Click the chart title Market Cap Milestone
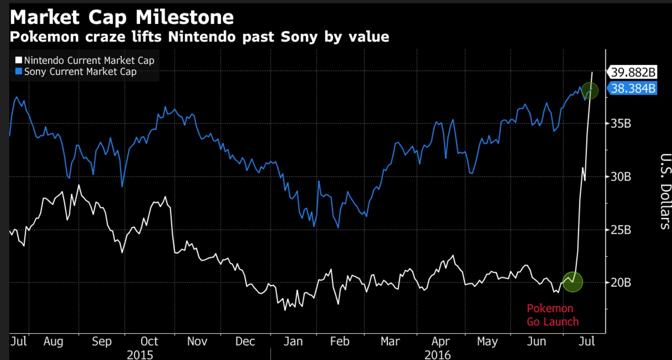click(x=122, y=18)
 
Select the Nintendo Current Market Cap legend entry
click(x=85, y=60)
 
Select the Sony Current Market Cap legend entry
click(x=76, y=72)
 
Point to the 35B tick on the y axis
click(x=621, y=123)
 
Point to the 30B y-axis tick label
click(x=621, y=177)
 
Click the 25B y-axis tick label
click(x=621, y=229)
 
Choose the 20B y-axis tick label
click(x=621, y=282)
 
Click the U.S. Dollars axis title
click(x=665, y=191)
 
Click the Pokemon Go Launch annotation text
click(x=553, y=315)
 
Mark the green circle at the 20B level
click(x=573, y=281)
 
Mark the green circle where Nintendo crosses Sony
click(x=590, y=91)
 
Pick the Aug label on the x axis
click(x=53, y=341)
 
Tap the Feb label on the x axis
click(x=339, y=341)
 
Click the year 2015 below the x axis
click(x=140, y=354)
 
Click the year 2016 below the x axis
click(x=437, y=354)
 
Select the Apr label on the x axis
click(x=440, y=341)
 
